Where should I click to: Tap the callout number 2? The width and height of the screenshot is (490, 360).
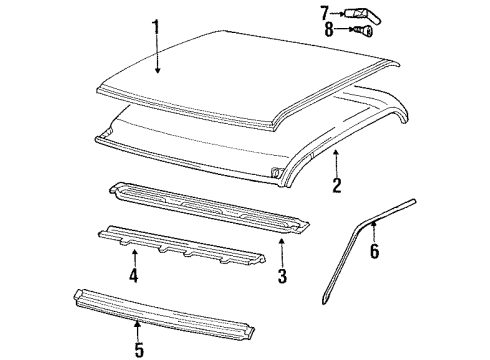click(337, 185)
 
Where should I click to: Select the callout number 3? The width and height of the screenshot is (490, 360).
click(282, 274)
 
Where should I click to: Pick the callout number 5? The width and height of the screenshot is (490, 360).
click(138, 349)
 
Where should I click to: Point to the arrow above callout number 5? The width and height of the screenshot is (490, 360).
click(138, 327)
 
